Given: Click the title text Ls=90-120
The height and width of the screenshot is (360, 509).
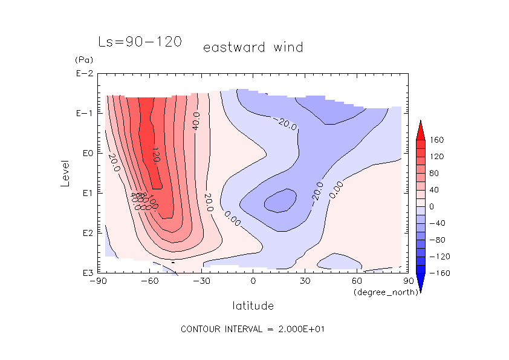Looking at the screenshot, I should [140, 42].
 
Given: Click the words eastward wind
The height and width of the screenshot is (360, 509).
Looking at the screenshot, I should [253, 47].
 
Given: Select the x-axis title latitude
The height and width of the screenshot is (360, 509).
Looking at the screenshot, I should [253, 306].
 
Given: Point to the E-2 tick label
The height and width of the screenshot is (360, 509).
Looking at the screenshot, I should [84, 74].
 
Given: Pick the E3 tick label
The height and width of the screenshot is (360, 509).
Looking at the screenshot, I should [85, 273].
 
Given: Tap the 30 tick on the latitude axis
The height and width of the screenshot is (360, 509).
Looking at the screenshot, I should [305, 281].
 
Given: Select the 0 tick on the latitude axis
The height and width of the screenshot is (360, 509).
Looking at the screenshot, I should [253, 281].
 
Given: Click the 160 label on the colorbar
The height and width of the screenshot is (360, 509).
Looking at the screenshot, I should [437, 140].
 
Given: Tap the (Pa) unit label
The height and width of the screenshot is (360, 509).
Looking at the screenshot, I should [82, 60].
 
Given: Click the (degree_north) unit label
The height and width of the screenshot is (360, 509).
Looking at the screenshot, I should [380, 292].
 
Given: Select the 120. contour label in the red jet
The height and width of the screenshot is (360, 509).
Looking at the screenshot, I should [156, 155].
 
